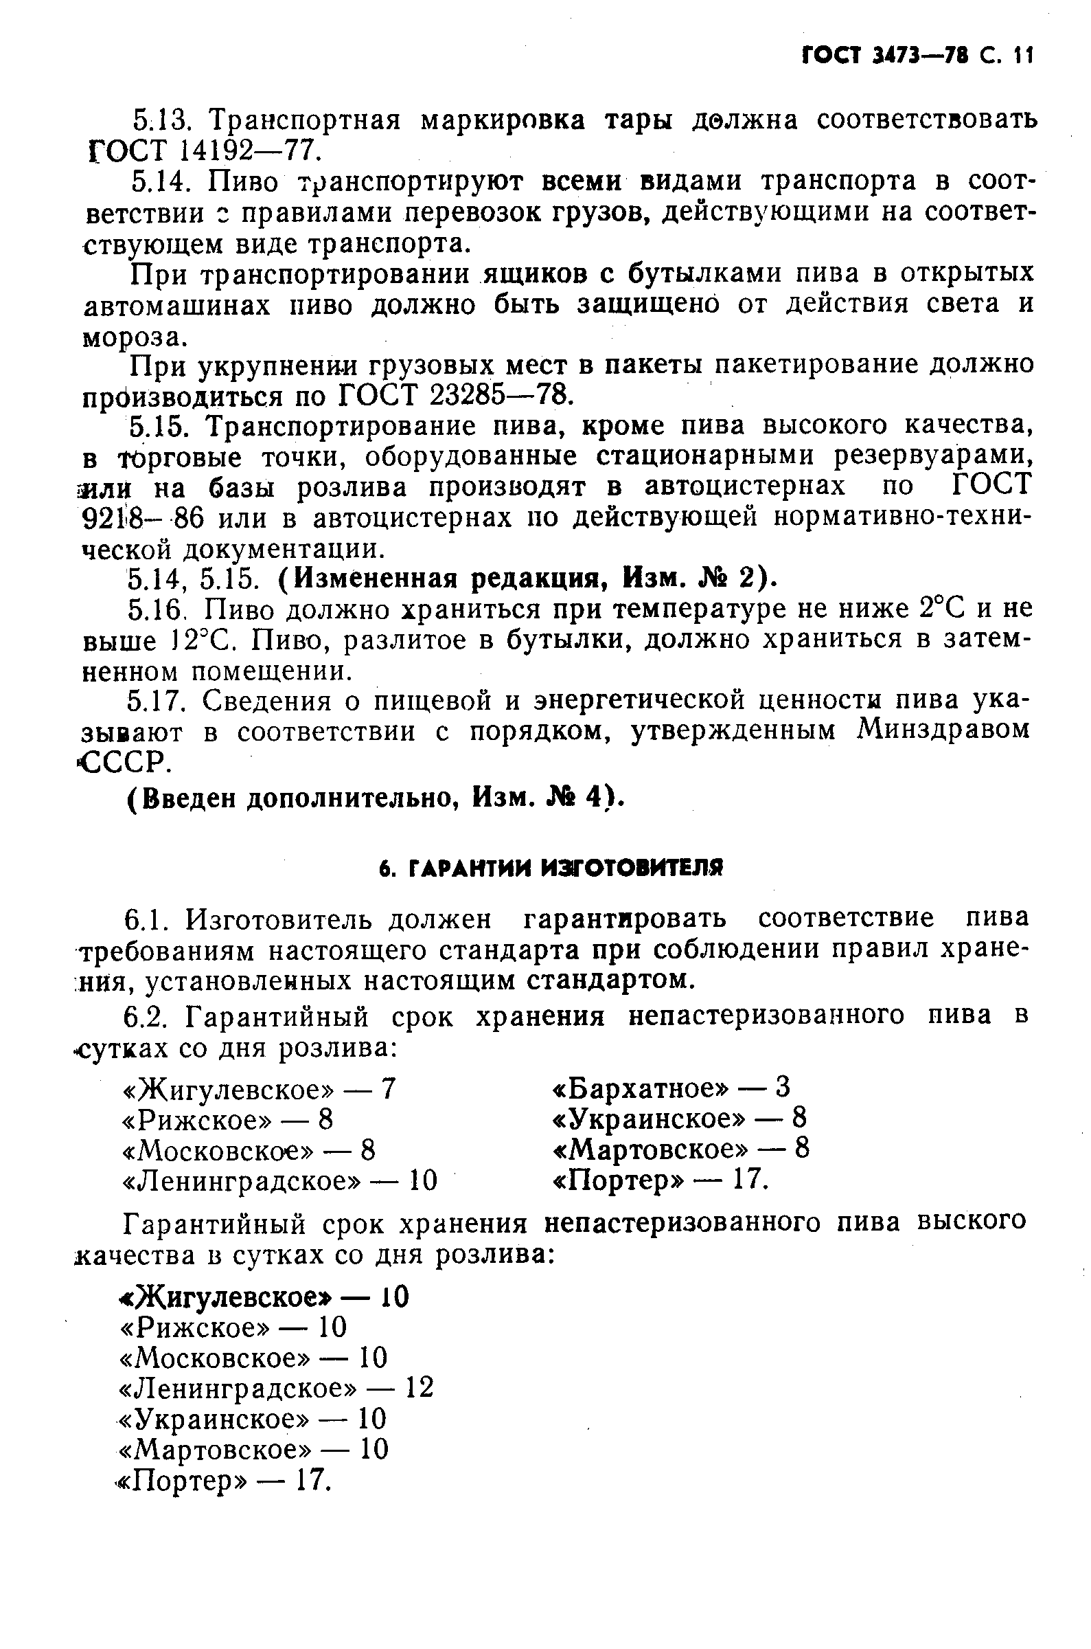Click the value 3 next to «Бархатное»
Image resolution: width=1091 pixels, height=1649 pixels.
[x=783, y=1087]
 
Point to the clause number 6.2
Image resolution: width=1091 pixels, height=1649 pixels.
[x=147, y=1016]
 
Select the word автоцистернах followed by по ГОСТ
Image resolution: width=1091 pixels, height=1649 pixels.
[x=744, y=486]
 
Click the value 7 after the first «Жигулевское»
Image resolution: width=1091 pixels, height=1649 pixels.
[x=388, y=1088]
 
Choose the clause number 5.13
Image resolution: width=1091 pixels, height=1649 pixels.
[x=161, y=120]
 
